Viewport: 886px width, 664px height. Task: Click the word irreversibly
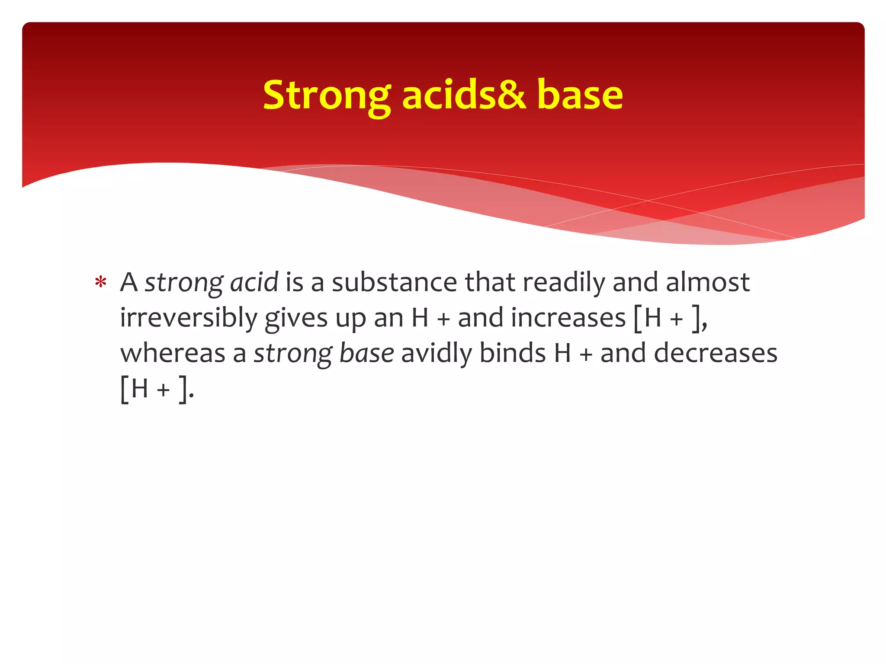(x=189, y=318)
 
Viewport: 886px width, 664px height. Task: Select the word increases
(x=568, y=318)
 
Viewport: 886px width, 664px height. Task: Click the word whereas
(x=173, y=354)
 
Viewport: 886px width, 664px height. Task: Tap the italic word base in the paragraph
(x=366, y=354)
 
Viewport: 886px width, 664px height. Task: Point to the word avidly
(x=437, y=354)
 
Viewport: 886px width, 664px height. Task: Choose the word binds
(x=513, y=354)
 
